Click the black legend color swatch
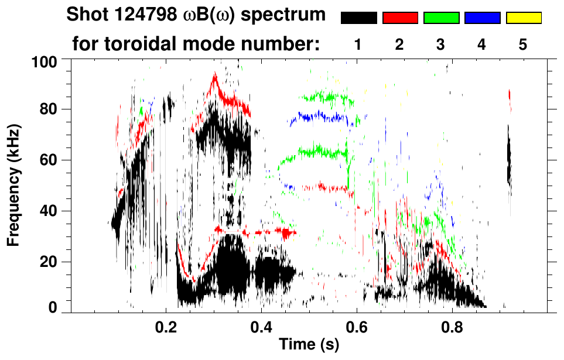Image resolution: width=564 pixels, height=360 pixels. [359, 18]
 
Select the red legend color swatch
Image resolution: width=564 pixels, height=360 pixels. [400, 18]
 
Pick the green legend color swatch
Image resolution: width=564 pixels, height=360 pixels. [441, 18]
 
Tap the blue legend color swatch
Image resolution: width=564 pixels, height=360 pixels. [482, 18]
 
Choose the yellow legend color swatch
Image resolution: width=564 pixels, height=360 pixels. [523, 18]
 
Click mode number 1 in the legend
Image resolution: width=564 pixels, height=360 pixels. [358, 44]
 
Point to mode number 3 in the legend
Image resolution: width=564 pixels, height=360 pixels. [440, 44]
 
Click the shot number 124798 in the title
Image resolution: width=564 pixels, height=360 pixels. [138, 15]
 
